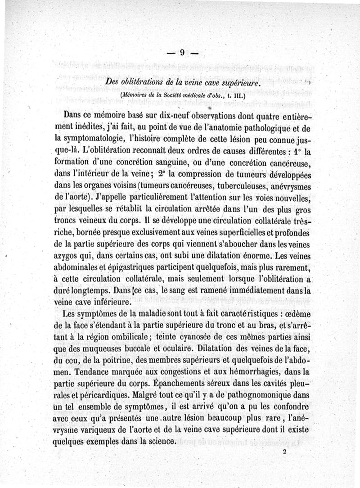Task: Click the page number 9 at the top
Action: coord(182,53)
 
